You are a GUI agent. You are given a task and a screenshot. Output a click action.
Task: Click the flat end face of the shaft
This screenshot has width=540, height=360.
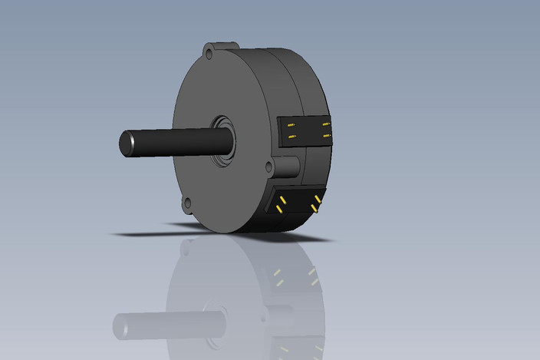pos(126,144)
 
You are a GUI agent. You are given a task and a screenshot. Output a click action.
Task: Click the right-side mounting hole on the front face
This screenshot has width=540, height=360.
pos(268,167)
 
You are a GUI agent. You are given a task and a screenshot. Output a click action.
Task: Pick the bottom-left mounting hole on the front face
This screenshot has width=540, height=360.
pos(186,203)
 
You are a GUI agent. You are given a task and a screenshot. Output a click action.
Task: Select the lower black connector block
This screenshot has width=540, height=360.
pos(296,205)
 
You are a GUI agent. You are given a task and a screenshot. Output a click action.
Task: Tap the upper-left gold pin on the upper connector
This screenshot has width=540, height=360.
pos(291,124)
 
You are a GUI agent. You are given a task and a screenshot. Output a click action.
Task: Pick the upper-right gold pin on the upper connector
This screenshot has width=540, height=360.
pos(325,124)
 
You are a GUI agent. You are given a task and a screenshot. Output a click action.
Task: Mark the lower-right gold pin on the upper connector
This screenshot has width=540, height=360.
pos(326,135)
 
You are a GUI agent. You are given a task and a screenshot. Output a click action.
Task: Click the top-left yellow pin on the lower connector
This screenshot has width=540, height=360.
pos(283,200)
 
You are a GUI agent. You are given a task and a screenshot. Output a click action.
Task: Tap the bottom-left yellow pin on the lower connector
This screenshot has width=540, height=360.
pos(278,209)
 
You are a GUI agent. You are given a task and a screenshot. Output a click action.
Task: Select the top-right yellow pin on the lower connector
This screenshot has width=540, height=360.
pos(317,199)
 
